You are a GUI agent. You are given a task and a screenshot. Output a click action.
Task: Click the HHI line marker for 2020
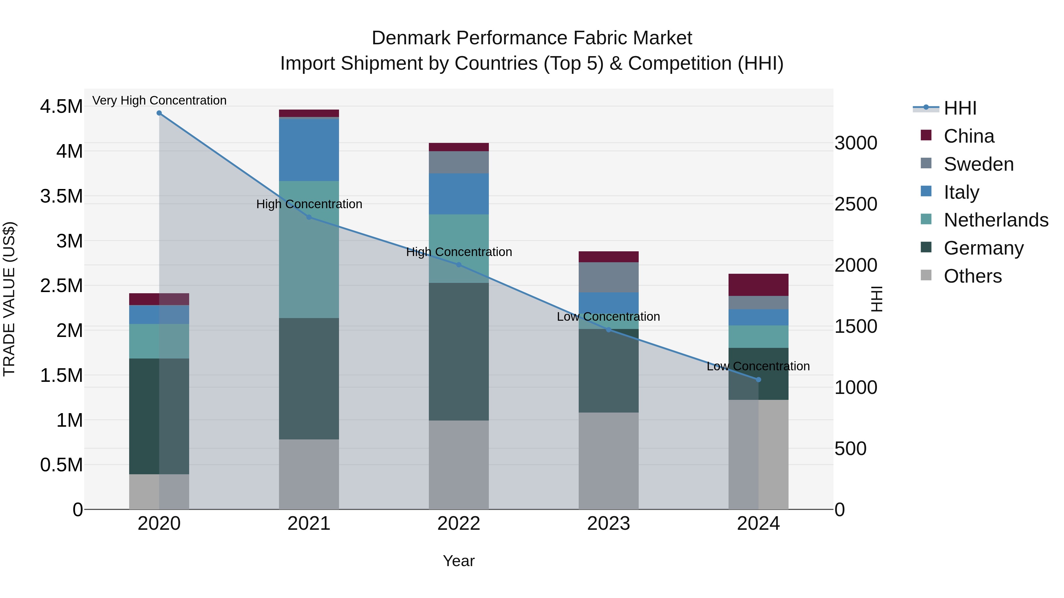pos(159,113)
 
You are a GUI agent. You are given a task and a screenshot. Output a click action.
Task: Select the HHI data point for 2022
pos(458,265)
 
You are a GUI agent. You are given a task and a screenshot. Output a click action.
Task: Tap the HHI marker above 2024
pos(758,380)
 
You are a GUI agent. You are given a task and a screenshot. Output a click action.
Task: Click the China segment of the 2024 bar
pos(758,285)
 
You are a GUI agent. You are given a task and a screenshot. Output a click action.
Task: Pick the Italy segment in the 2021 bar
pos(309,150)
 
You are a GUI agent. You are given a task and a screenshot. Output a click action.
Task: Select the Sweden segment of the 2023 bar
pos(609,277)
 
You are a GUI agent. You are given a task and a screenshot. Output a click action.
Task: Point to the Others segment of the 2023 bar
pos(609,461)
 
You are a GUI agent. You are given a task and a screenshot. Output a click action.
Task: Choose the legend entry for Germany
pos(983,248)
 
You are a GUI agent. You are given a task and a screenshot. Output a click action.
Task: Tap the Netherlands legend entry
pos(995,220)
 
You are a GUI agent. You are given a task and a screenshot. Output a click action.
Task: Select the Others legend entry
pos(972,276)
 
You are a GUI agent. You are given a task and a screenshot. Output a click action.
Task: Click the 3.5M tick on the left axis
pos(61,196)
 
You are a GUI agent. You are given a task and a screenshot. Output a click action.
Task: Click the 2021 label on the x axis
pos(309,524)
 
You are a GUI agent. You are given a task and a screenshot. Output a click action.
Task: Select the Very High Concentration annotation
pos(159,100)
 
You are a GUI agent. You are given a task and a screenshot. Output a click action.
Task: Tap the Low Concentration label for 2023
pos(609,317)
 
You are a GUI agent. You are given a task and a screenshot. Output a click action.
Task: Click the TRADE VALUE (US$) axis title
pos(9,299)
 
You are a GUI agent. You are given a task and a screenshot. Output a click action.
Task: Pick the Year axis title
pos(458,561)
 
